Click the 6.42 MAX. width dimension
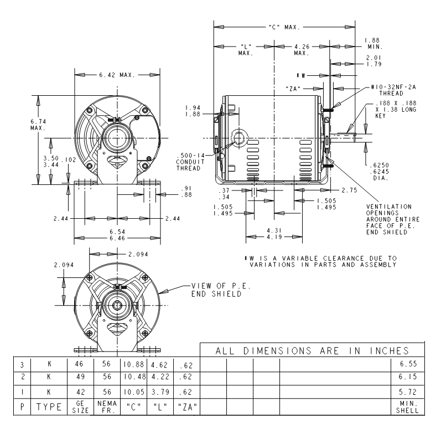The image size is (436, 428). (x=117, y=75)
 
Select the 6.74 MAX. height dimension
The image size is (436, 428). (x=38, y=125)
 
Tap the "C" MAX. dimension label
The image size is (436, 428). (x=284, y=27)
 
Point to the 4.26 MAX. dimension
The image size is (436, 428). (x=302, y=50)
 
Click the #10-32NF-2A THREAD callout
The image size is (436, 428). (x=393, y=90)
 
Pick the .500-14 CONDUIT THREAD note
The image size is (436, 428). (x=190, y=162)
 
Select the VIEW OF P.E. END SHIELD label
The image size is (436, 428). (x=221, y=290)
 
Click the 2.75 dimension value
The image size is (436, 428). (x=349, y=190)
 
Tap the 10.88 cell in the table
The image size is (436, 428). (x=134, y=364)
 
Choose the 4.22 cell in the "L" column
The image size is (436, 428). (x=159, y=377)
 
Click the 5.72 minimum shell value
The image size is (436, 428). (x=408, y=392)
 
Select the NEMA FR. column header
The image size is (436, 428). (x=107, y=407)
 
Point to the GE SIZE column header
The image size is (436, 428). (x=80, y=407)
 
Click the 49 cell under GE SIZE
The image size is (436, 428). (x=80, y=377)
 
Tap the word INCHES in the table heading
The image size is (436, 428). (x=390, y=351)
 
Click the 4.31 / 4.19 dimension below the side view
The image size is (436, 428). (x=274, y=234)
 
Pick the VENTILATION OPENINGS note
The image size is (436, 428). (x=393, y=219)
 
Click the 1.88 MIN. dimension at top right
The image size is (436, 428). (x=373, y=44)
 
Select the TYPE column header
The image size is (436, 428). (x=49, y=407)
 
